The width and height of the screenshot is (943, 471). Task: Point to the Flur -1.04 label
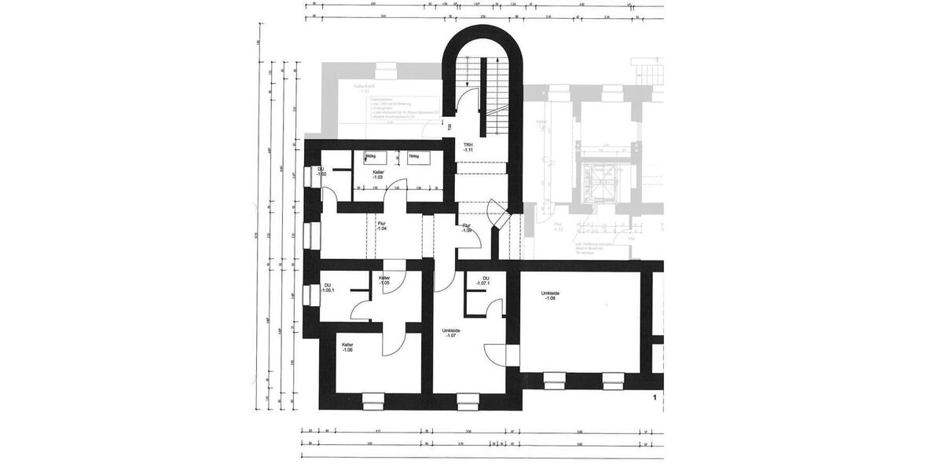pyautogui.click(x=381, y=226)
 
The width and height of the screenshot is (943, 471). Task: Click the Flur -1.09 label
pyautogui.click(x=467, y=228)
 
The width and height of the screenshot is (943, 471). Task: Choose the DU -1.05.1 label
pyautogui.click(x=328, y=287)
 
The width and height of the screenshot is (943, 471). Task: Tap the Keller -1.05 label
pyautogui.click(x=384, y=280)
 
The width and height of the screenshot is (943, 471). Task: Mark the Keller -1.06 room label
pyautogui.click(x=347, y=347)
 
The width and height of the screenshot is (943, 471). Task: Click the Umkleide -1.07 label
pyautogui.click(x=452, y=334)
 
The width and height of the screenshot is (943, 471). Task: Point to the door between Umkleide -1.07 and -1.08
pyautogui.click(x=512, y=355)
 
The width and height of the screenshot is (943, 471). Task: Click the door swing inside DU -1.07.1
pyautogui.click(x=493, y=308)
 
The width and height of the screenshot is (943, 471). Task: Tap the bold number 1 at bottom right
pyautogui.click(x=654, y=399)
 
